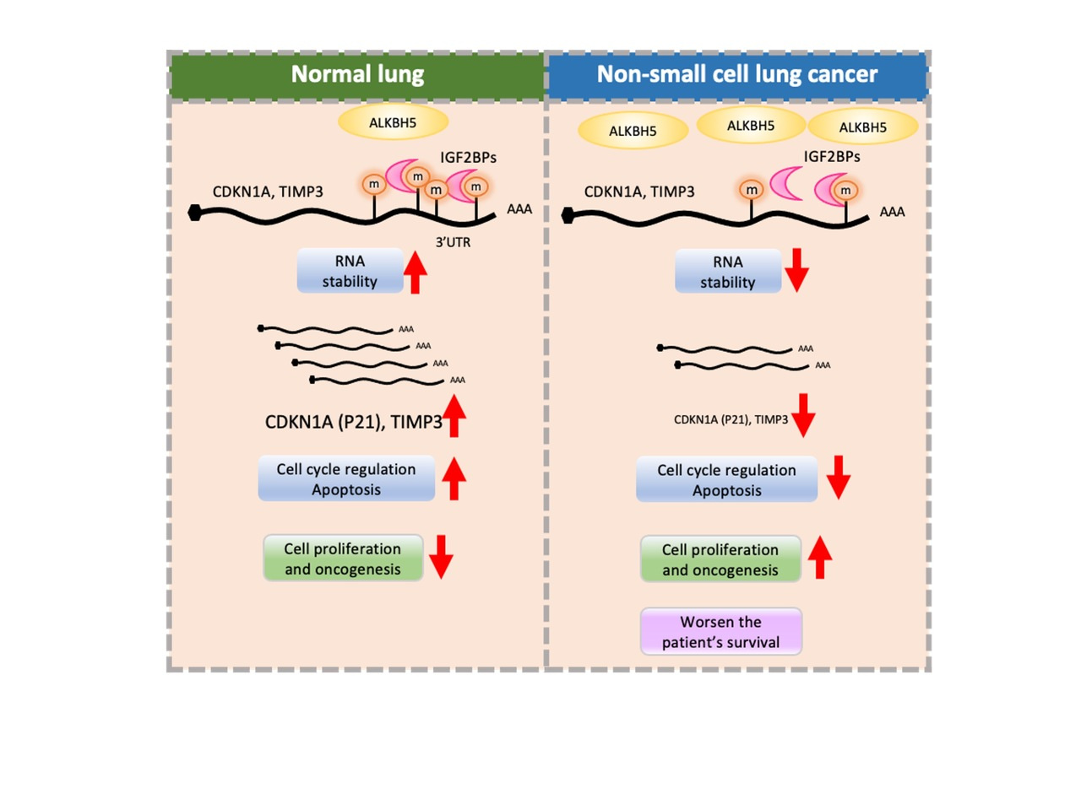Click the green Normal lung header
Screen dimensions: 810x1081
pos(357,75)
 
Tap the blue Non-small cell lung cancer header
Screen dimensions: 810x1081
pos(737,75)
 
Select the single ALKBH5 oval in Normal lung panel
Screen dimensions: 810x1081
pos(393,123)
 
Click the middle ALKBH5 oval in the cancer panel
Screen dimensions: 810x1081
pos(751,126)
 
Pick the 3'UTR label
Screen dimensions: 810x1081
pos(453,242)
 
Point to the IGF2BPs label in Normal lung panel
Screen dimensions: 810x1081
pos(468,158)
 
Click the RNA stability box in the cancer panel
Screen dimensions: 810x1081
pos(727,272)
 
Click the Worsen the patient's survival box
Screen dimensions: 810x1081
pos(720,632)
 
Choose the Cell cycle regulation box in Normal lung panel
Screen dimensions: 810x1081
pos(346,479)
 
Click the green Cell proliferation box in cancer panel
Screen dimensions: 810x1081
pos(720,559)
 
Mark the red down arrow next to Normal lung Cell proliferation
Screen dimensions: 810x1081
pos(441,556)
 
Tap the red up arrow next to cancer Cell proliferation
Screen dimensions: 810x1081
pos(819,557)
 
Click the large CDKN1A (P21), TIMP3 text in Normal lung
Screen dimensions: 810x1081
pos(353,422)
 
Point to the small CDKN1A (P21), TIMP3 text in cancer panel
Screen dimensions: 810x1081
pos(731,419)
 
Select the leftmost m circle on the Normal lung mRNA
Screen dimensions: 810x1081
pos(373,185)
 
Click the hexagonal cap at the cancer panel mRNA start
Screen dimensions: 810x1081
pos(568,216)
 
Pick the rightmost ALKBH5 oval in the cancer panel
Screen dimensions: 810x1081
pos(862,127)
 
